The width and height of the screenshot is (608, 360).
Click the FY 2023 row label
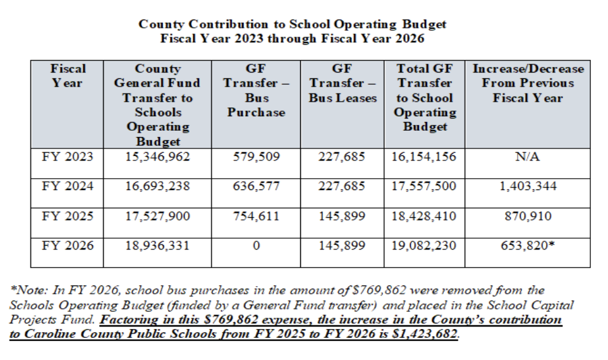(x=68, y=156)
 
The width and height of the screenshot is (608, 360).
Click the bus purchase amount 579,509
(x=256, y=156)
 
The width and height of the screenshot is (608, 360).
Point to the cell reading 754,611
(x=256, y=216)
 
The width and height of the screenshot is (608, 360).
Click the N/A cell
(x=528, y=156)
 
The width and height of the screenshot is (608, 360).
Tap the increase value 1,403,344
(x=528, y=186)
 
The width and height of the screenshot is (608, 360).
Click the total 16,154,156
(x=423, y=156)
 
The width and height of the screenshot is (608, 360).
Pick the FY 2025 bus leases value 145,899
(x=342, y=216)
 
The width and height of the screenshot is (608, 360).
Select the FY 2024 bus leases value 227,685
(x=342, y=186)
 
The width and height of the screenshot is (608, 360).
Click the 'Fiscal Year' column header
(x=68, y=75)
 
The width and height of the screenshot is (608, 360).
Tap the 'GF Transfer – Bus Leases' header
(x=342, y=83)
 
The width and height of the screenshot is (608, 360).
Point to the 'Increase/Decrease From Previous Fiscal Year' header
(x=528, y=83)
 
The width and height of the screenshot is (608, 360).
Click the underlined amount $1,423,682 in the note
(x=425, y=333)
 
